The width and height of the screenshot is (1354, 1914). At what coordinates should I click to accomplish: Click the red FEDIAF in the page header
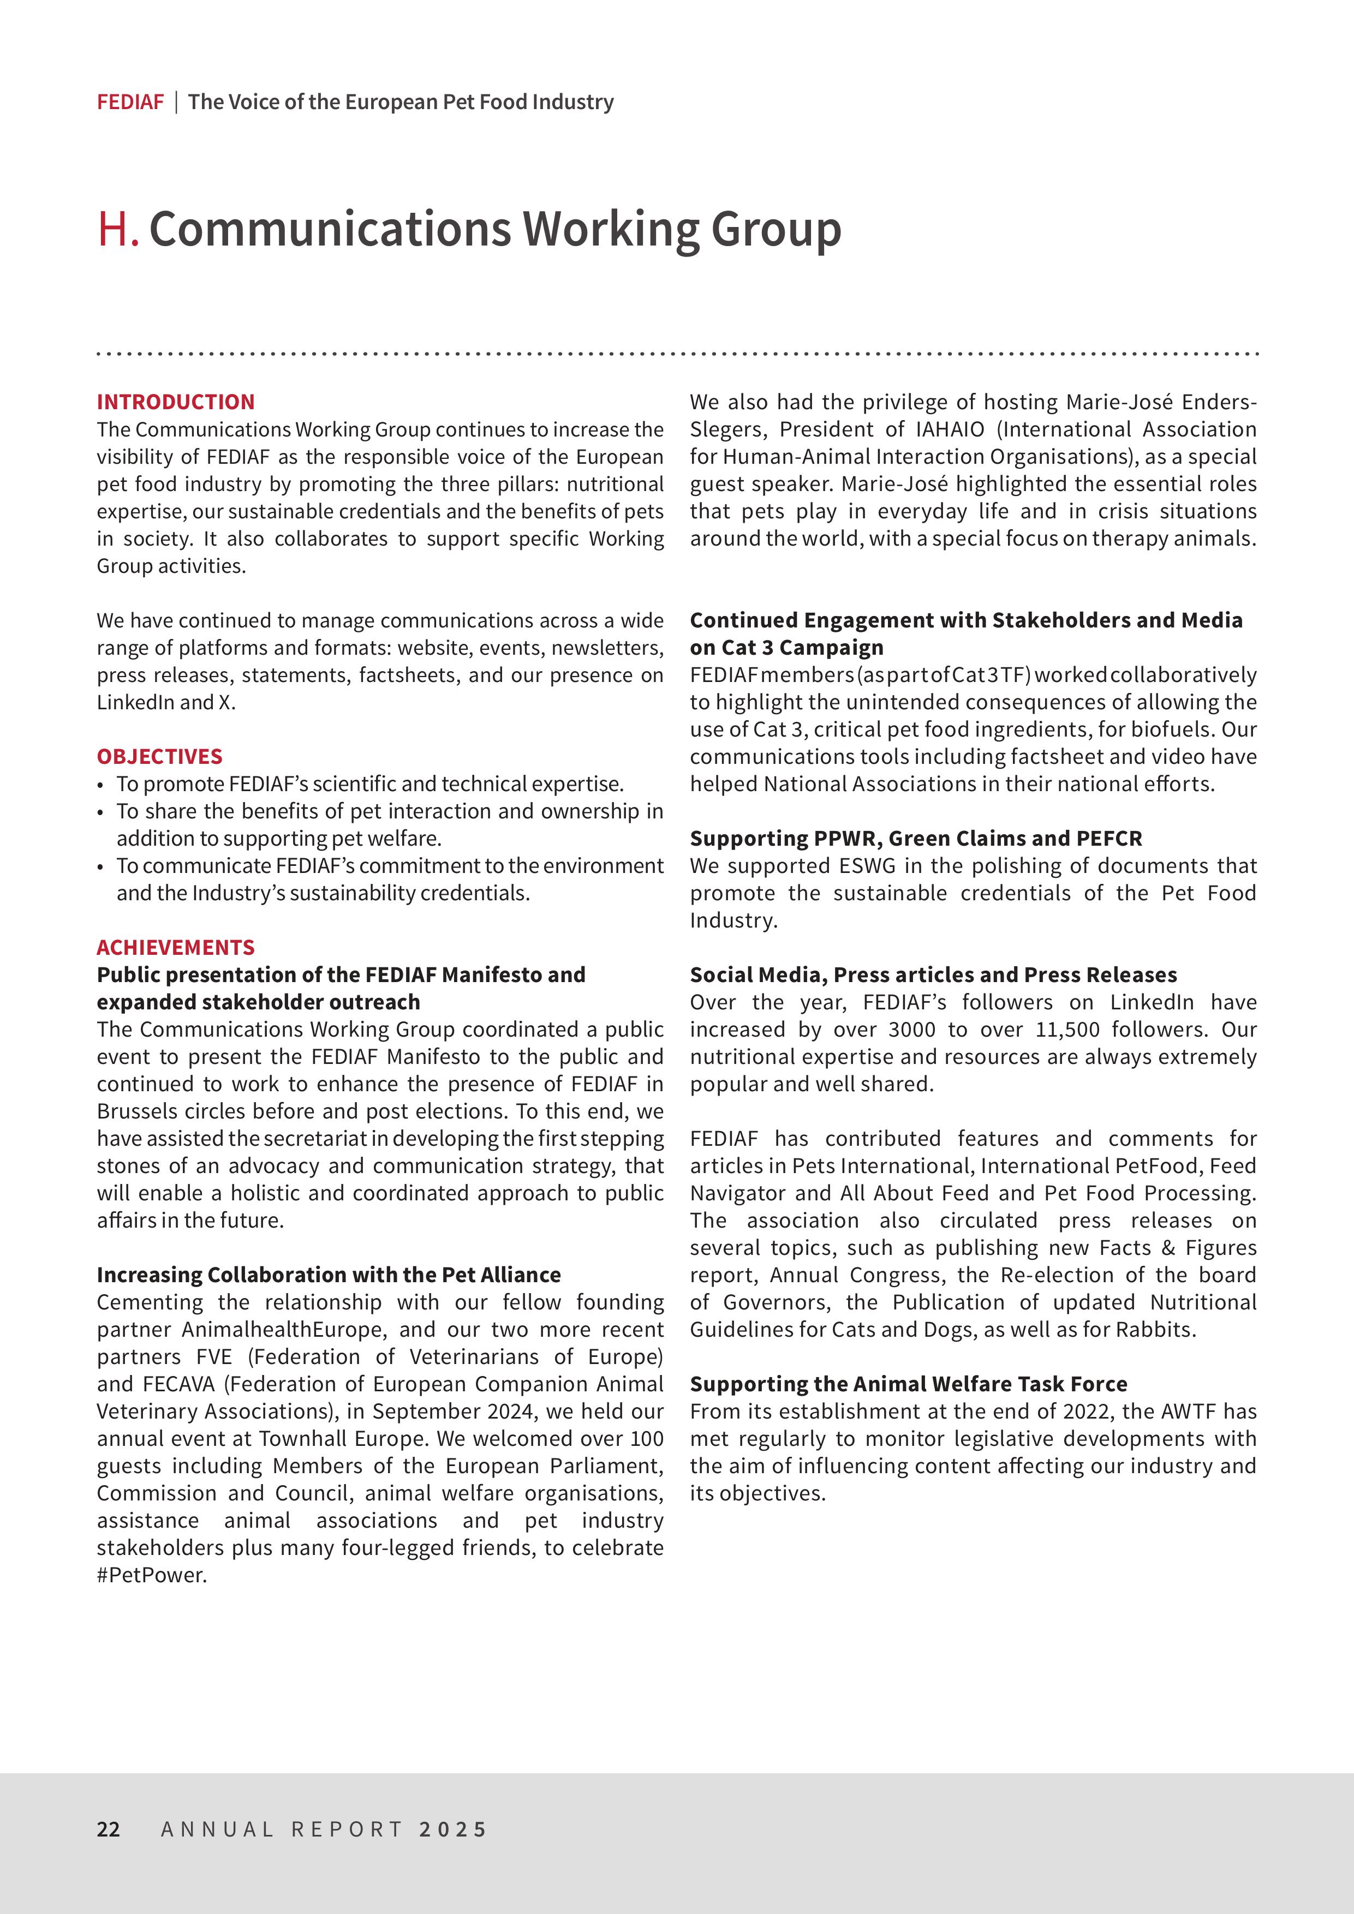[130, 103]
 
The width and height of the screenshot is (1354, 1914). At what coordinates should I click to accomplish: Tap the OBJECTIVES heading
[159, 756]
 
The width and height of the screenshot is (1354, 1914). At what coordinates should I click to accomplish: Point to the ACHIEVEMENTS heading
[175, 947]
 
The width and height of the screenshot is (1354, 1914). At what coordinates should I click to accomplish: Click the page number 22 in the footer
[109, 1829]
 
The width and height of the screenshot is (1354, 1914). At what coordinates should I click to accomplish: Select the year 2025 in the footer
[453, 1829]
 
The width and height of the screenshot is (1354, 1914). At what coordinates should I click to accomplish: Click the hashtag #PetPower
[151, 1575]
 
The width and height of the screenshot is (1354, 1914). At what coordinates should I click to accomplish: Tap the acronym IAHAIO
[950, 429]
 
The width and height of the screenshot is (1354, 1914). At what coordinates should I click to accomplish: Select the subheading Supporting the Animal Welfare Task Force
[908, 1384]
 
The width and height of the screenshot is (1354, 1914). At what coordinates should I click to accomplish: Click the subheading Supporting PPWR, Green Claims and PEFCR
[915, 838]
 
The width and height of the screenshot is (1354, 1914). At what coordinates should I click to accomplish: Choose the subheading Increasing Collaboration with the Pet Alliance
[329, 1275]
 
